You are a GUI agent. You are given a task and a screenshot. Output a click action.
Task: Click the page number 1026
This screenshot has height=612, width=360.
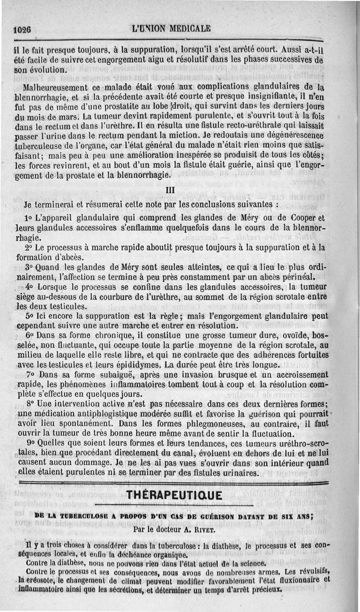[22, 30]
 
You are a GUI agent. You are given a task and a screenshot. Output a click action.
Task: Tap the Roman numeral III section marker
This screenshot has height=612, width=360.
[171, 191]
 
